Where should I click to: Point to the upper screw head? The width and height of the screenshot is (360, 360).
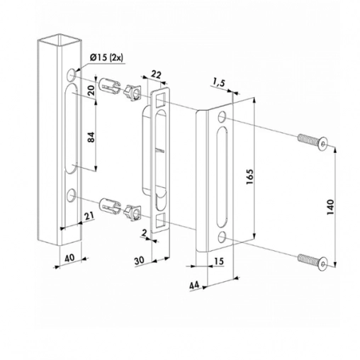tap(322, 145)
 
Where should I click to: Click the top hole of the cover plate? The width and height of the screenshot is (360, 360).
tap(223, 116)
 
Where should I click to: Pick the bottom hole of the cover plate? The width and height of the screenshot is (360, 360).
tap(223, 235)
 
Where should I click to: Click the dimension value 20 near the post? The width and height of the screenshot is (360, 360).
tap(91, 90)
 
